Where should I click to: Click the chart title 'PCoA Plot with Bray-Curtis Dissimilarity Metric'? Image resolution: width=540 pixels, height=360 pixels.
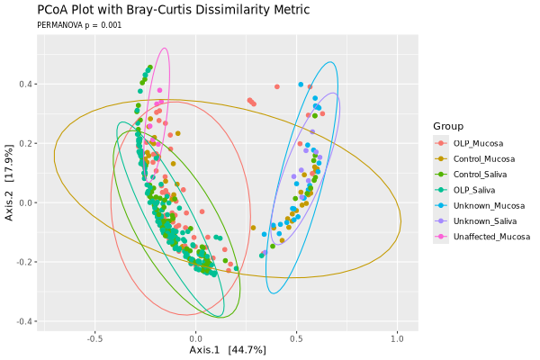(173, 10)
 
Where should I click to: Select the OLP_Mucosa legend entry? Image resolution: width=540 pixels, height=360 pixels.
(477, 144)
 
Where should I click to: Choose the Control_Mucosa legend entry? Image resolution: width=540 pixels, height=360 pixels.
(482, 159)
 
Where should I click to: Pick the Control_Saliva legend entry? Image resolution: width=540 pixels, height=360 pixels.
(481, 175)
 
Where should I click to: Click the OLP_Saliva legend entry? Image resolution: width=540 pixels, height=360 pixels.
(475, 190)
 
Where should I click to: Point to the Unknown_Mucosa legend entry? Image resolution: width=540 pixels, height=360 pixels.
(486, 205)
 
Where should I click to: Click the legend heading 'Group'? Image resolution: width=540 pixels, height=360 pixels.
(448, 126)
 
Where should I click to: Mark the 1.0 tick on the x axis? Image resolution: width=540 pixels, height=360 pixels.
(397, 339)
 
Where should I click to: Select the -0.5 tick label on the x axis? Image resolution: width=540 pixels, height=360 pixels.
(94, 339)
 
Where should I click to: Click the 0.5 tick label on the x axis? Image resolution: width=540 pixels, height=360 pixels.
(296, 339)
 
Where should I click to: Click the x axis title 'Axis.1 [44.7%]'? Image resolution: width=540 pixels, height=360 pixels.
(228, 349)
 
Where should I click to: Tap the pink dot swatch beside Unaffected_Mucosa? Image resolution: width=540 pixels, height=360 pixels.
(440, 236)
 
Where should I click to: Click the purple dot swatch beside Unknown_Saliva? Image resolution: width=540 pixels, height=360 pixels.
(440, 220)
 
